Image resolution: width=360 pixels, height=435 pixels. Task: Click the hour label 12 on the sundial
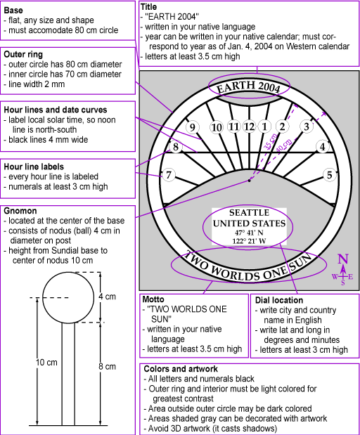click(249, 126)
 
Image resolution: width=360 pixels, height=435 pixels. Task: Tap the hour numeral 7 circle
click(169, 175)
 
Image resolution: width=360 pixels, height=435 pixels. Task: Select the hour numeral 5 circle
click(330, 175)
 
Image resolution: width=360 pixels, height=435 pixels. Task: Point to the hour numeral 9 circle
click(192, 127)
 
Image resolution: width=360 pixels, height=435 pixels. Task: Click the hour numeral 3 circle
click(307, 126)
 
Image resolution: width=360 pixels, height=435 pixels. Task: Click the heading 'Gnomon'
click(20, 211)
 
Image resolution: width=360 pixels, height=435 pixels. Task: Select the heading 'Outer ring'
click(23, 54)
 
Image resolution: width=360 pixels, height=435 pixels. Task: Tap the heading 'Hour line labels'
click(34, 167)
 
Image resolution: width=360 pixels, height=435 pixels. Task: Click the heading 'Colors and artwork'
click(181, 369)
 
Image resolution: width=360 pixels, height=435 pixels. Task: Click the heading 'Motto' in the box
click(153, 299)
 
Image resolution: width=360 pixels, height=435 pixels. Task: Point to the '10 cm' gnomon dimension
click(46, 363)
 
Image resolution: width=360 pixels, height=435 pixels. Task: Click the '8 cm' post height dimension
click(107, 366)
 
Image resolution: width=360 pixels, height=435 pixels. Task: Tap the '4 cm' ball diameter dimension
click(107, 297)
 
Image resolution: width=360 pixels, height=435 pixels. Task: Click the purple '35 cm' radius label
click(270, 142)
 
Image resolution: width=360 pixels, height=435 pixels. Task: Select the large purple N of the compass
click(343, 259)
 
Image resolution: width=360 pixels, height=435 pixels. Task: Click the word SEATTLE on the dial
click(249, 213)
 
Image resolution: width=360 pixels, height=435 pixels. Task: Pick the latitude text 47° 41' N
click(249, 233)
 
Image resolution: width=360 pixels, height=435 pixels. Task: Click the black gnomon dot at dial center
click(249, 181)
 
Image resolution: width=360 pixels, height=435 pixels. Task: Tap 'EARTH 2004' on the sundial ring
click(249, 86)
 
